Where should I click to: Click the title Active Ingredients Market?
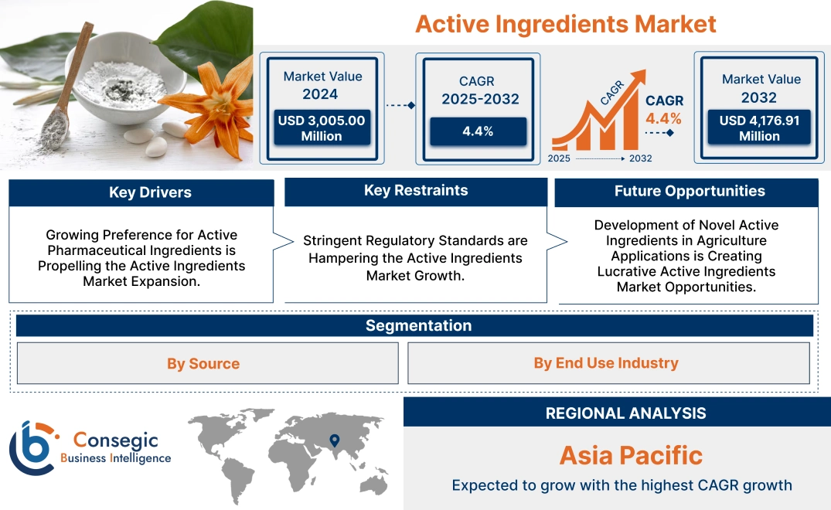point(565,24)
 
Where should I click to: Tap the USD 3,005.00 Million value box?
point(321,128)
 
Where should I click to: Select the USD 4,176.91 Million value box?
point(759,128)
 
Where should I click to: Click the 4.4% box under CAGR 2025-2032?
point(478,131)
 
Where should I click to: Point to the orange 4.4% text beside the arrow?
point(663,118)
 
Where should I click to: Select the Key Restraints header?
point(416,191)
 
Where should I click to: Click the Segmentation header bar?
point(418,325)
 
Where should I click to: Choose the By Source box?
point(203,363)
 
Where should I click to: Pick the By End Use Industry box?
point(606,362)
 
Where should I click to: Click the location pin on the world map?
point(334,440)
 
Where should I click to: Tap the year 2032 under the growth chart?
point(640,158)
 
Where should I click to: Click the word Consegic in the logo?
point(115,440)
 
